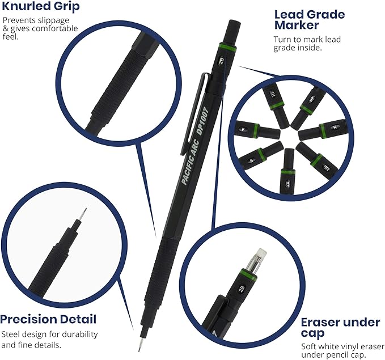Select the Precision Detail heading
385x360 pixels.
point(48,319)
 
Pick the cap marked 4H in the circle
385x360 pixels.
point(272,94)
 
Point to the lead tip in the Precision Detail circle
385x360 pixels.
point(85,214)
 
